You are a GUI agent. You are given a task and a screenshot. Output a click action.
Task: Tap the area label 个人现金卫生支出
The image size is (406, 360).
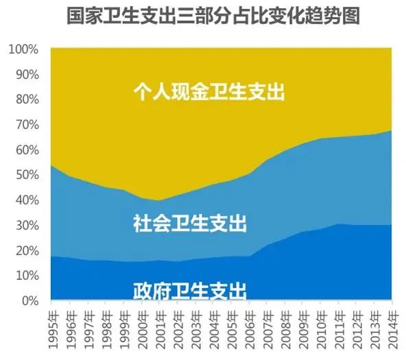point(208,92)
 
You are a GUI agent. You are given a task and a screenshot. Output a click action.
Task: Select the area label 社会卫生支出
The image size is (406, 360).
point(190,223)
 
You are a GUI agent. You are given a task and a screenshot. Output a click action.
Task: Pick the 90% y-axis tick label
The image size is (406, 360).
point(25,75)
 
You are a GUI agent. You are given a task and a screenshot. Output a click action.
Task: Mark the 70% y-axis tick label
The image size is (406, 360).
point(25,125)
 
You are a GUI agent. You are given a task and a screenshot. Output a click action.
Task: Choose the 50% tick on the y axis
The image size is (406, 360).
point(25,175)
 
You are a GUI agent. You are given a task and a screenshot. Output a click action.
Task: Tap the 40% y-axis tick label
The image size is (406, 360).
point(25,200)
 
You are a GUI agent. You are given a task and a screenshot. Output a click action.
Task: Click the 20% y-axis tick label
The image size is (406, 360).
point(25,250)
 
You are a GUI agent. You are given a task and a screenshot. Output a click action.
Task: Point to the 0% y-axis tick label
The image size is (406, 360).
point(28,301)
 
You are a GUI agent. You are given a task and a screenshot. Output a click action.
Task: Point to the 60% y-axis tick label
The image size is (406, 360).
point(25,150)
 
